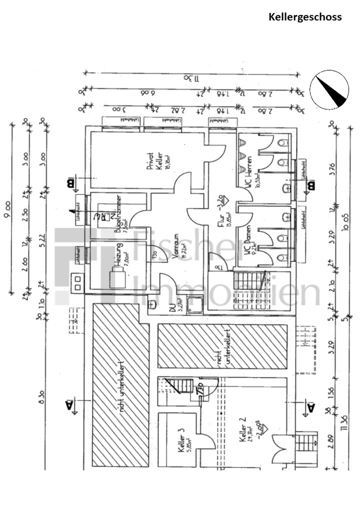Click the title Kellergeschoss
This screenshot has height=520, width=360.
coord(305,17)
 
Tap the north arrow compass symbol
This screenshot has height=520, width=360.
coord(329,89)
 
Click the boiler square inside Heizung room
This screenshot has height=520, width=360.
coord(118,279)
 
